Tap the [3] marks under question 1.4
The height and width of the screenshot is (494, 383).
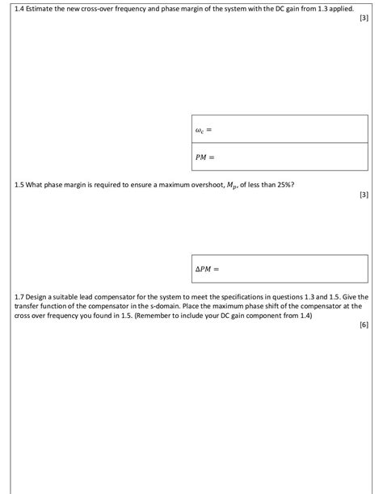pos(363,17)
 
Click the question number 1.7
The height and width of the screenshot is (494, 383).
pos(19,297)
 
